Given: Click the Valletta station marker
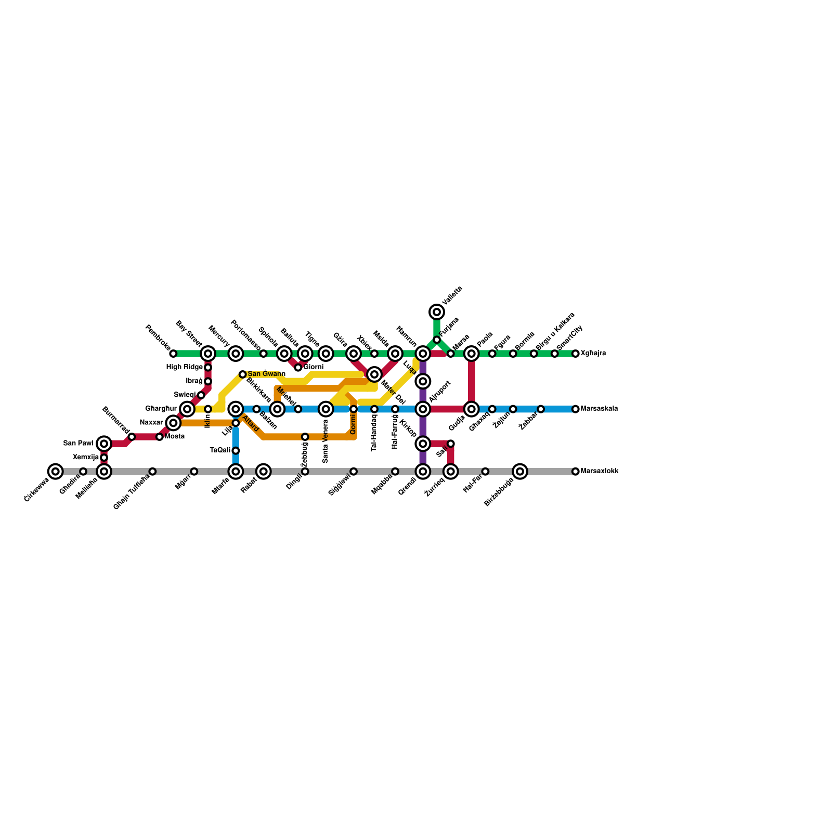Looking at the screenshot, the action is pyautogui.click(x=437, y=312).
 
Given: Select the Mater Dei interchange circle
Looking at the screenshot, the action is pyautogui.click(x=374, y=374).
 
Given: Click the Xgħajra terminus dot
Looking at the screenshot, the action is pyautogui.click(x=576, y=354).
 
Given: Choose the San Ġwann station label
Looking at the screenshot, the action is pyautogui.click(x=266, y=374).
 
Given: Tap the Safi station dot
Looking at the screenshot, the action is pyautogui.click(x=451, y=444).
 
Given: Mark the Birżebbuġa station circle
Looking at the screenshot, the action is pyautogui.click(x=520, y=472).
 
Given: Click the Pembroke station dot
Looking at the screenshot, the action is pyautogui.click(x=173, y=354).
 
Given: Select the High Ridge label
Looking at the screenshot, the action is pyautogui.click(x=184, y=368).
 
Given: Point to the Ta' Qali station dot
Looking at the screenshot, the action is pyautogui.click(x=236, y=451).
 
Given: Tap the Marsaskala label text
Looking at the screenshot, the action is pyautogui.click(x=599, y=409).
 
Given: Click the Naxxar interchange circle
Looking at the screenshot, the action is pyautogui.click(x=173, y=423).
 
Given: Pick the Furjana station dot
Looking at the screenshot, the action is pyautogui.click(x=437, y=340).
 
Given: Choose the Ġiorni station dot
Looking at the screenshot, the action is pyautogui.click(x=298, y=368).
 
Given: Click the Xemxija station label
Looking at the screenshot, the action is pyautogui.click(x=86, y=458).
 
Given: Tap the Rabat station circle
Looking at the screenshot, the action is pyautogui.click(x=264, y=472).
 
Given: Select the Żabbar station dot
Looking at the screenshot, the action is pyautogui.click(x=541, y=409).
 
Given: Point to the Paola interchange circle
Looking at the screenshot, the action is pyautogui.click(x=472, y=354).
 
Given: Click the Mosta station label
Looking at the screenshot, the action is pyautogui.click(x=175, y=437).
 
